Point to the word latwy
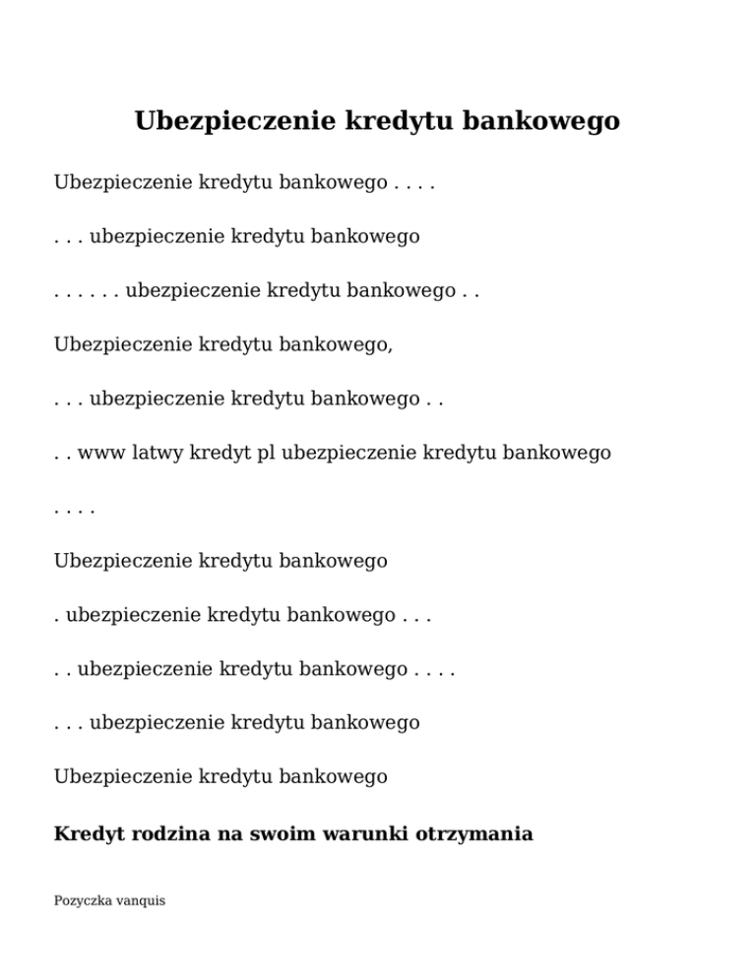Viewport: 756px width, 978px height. click(x=157, y=453)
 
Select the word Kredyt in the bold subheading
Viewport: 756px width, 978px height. click(x=89, y=834)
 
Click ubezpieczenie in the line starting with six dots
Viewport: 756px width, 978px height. click(x=193, y=290)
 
